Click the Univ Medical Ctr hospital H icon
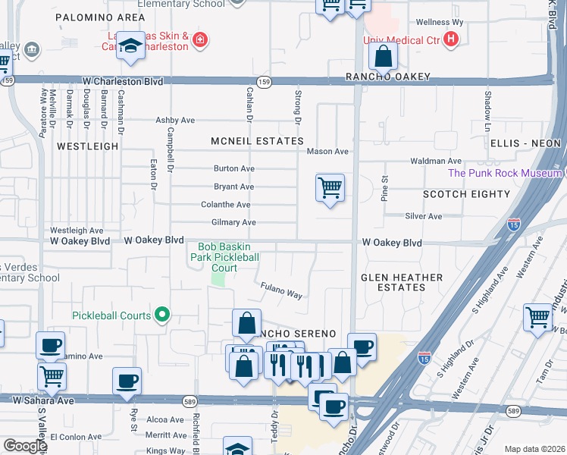(452, 39)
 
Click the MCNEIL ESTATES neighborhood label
(258, 141)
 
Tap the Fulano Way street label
(282, 290)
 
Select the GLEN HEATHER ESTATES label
(401, 282)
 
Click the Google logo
(25, 446)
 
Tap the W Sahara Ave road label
(43, 399)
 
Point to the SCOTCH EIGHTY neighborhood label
(466, 194)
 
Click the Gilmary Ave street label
(228, 222)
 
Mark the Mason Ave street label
(327, 152)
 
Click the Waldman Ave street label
(435, 161)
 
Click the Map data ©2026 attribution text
(534, 449)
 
